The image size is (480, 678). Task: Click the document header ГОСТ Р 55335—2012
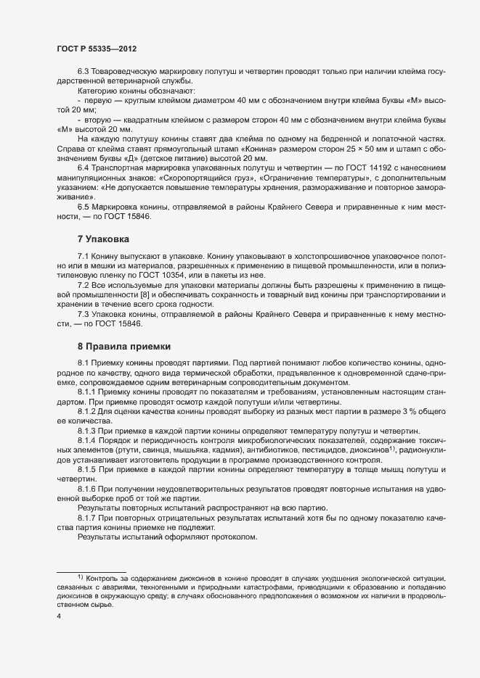click(97, 49)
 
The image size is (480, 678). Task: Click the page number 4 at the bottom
click(58, 616)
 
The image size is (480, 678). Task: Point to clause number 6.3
click(83, 71)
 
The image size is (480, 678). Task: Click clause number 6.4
click(83, 167)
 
